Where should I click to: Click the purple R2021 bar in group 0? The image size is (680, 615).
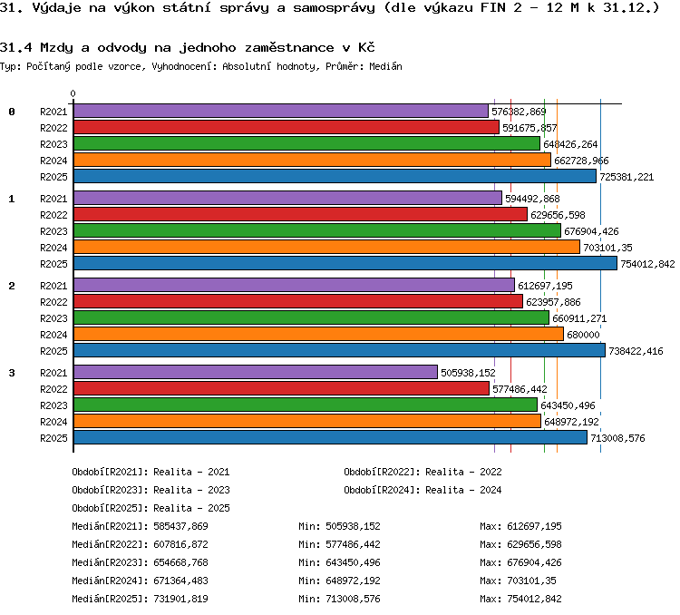281,111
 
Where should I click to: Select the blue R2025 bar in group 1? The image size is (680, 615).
345,263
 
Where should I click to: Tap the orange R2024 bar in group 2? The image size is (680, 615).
319,334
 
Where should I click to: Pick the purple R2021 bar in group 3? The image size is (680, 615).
256,372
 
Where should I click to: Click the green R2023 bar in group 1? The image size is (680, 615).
317,231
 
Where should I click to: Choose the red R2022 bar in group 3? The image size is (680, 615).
281,388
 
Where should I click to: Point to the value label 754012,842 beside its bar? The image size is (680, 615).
647,264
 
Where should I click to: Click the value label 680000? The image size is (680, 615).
583,335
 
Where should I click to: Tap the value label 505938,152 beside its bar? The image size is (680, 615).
468,373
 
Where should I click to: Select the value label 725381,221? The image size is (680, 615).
627,177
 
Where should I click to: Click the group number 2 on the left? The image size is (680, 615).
12,286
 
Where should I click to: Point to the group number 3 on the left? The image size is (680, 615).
12,373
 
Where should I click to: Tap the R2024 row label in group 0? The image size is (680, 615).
53,161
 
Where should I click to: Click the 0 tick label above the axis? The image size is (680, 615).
73,93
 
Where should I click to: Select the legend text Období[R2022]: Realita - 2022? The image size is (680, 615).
423,472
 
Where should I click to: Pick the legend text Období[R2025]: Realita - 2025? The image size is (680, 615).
151,508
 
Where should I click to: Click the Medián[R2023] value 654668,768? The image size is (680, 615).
180,562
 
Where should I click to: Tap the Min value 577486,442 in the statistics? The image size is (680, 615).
353,544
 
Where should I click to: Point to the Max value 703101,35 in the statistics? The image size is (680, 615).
531,581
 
